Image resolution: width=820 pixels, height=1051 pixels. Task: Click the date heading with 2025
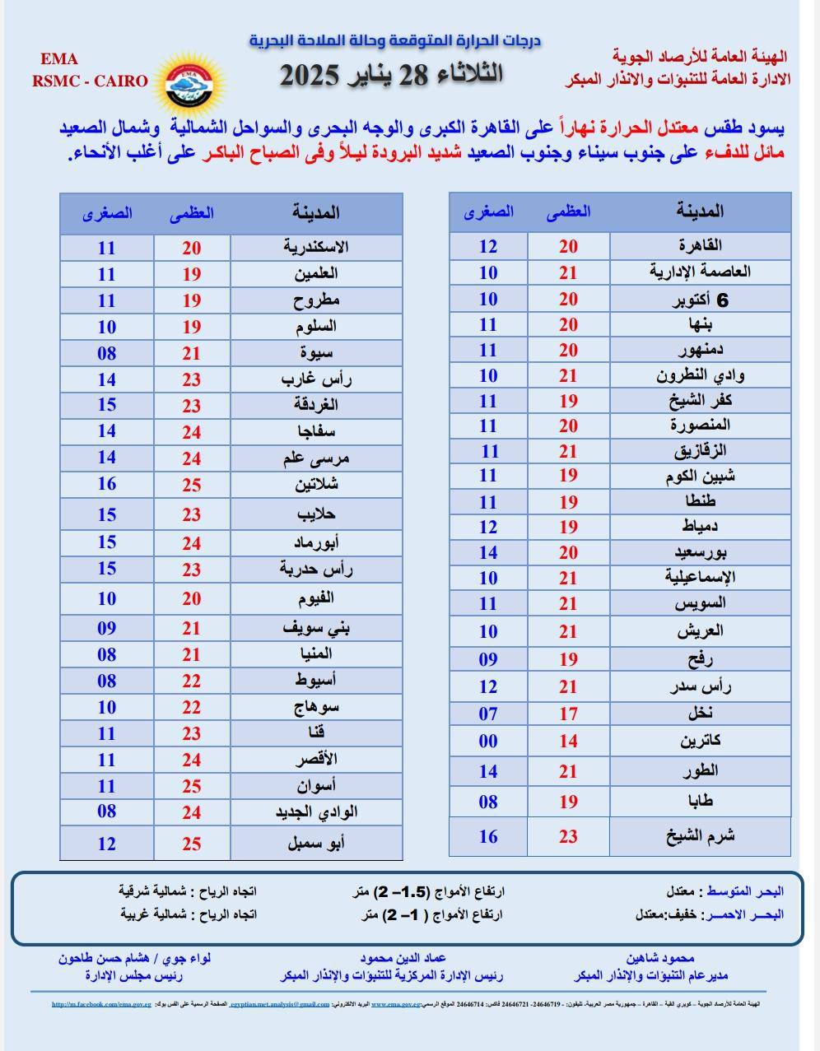pos(391,75)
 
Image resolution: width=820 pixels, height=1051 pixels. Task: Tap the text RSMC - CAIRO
pos(90,81)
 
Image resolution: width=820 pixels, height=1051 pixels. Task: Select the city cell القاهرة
pos(700,245)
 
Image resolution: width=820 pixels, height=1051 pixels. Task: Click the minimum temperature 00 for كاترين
pos(488,741)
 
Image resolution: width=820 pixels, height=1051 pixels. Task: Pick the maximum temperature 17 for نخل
pos(568,714)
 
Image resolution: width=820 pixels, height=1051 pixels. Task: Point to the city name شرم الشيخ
pos(700,836)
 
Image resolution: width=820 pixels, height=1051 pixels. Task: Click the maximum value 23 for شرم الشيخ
pos(568,836)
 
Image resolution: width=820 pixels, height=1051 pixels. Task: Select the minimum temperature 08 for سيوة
pos(107,354)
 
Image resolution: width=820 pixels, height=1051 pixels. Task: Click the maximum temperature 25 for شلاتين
pos(192,485)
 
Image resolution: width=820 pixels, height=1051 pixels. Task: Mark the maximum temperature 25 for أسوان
pos(192,786)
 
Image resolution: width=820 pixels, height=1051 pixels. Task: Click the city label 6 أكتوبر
pos(700,300)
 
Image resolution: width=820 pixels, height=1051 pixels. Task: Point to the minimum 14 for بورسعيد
pos(488,553)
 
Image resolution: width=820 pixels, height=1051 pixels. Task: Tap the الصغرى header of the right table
pos(488,212)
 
